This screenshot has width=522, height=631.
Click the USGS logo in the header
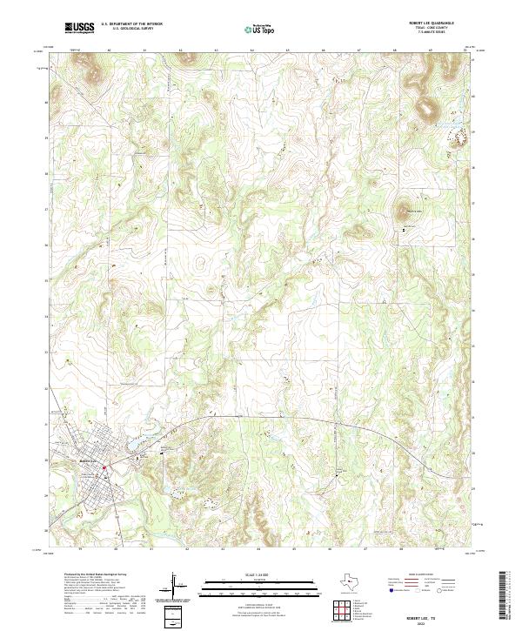click(x=81, y=27)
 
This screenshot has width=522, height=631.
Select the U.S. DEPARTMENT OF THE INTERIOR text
click(x=131, y=24)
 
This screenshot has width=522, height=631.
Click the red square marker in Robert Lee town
click(x=104, y=467)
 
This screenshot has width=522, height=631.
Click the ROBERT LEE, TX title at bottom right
click(x=421, y=614)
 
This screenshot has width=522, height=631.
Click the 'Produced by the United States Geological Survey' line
click(x=88, y=575)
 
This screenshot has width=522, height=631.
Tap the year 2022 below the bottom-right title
click(x=421, y=621)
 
